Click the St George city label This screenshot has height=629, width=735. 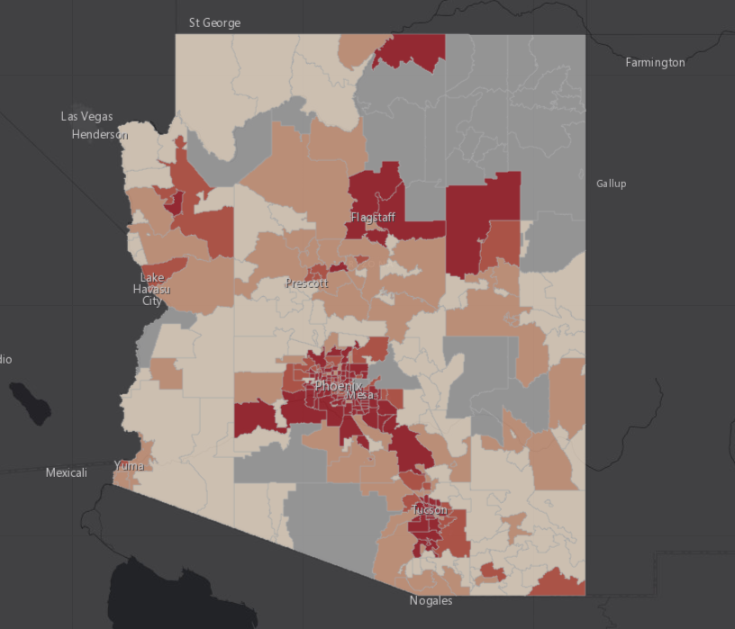click(214, 22)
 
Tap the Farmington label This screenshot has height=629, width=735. click(655, 62)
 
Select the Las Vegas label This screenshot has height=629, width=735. click(87, 116)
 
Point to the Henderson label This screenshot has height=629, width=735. click(99, 135)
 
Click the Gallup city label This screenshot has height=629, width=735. click(611, 184)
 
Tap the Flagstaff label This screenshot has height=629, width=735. click(373, 218)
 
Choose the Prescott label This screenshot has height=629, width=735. click(306, 283)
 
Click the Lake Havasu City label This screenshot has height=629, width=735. click(151, 289)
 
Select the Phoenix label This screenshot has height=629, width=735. click(338, 386)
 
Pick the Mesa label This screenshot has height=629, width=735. click(359, 395)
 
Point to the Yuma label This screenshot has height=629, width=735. click(129, 465)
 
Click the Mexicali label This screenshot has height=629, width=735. click(67, 472)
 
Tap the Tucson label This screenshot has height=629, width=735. click(429, 510)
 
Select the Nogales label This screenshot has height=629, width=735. click(431, 600)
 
